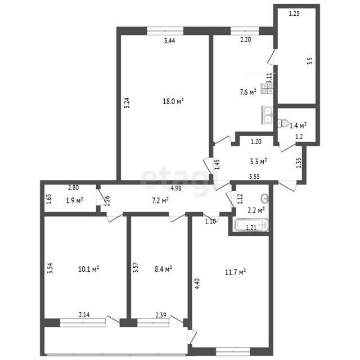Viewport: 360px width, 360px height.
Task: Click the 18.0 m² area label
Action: coord(173,101)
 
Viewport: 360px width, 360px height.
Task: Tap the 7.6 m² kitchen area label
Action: coord(248,92)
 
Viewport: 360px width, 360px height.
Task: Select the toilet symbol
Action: coord(283,123)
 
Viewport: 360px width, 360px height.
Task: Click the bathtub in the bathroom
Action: coord(251,225)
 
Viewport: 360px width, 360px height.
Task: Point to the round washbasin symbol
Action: coord(265,199)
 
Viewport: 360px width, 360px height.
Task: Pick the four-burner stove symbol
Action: coord(267,89)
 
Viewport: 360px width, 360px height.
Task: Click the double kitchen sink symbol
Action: coord(267,115)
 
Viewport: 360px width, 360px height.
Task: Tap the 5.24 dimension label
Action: coord(127,103)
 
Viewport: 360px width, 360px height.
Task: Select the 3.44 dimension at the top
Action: coord(170,40)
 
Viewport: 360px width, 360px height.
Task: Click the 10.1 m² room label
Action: coord(89,269)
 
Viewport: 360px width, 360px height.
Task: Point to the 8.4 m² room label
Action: coord(164,269)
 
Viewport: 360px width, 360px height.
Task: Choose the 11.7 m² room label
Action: coord(235,272)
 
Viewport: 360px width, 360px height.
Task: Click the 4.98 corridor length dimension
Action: coord(176,188)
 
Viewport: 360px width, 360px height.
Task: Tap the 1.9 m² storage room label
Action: coord(75,200)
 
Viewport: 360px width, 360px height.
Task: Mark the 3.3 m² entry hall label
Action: coord(258,161)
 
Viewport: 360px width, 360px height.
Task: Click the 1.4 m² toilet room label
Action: coord(298,125)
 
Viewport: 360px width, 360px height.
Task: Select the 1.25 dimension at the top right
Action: coord(294,13)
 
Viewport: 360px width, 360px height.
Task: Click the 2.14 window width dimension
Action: coord(84,315)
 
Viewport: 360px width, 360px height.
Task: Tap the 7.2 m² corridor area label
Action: coord(160,201)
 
